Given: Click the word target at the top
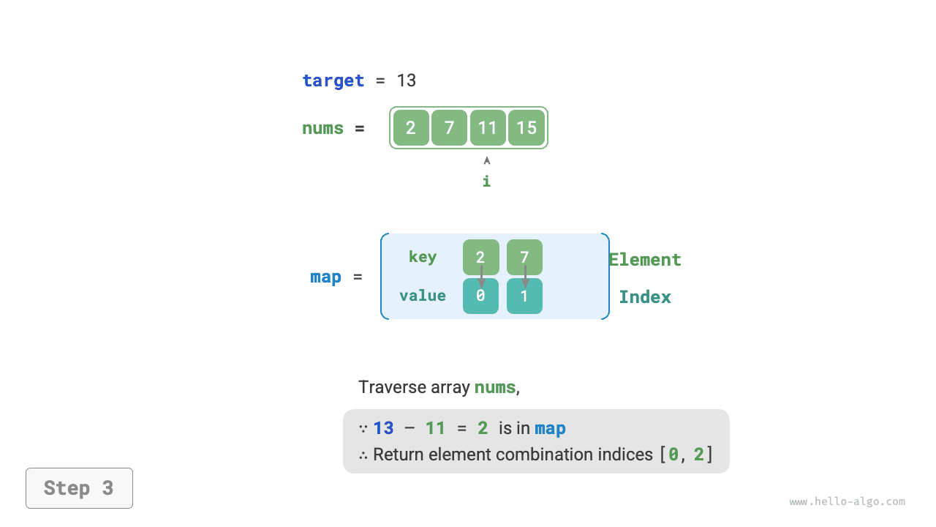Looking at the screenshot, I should (x=333, y=81).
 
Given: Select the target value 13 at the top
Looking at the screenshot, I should (x=407, y=81).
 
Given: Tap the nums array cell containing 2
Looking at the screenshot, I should (x=411, y=128).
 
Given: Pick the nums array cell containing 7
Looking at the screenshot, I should (x=449, y=128).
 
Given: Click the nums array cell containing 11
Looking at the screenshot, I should (x=488, y=128).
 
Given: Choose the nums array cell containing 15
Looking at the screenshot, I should (x=526, y=128).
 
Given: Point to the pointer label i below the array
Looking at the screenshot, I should (x=486, y=181).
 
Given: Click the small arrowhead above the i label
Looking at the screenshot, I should (x=487, y=160).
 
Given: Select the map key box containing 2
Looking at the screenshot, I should (x=480, y=257).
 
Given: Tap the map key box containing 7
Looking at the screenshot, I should (x=524, y=257).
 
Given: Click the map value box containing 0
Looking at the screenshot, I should (x=480, y=296).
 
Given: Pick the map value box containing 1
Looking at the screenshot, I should (x=524, y=296).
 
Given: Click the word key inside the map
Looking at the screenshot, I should (x=423, y=257).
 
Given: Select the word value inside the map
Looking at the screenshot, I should (x=423, y=296).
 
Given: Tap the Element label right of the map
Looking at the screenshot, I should (x=645, y=260).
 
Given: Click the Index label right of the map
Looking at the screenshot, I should (x=645, y=296).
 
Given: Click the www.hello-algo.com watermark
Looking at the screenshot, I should (x=848, y=502).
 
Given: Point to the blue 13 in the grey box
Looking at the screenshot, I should (x=383, y=428).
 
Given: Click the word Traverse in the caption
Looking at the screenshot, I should (x=388, y=387).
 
